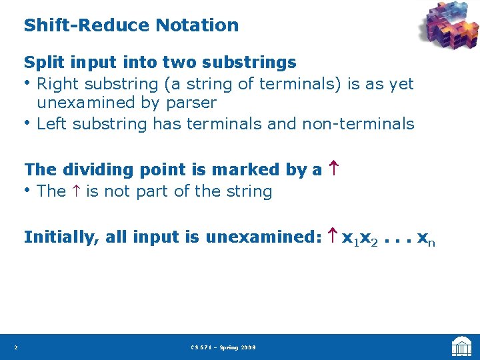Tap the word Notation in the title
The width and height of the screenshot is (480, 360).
(197, 25)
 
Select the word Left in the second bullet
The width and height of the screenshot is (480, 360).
(52, 124)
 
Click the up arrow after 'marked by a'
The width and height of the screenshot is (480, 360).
(332, 170)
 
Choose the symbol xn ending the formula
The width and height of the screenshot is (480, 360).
(426, 238)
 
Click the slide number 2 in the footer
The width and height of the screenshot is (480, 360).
(16, 347)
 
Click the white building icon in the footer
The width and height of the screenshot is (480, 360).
(461, 347)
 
